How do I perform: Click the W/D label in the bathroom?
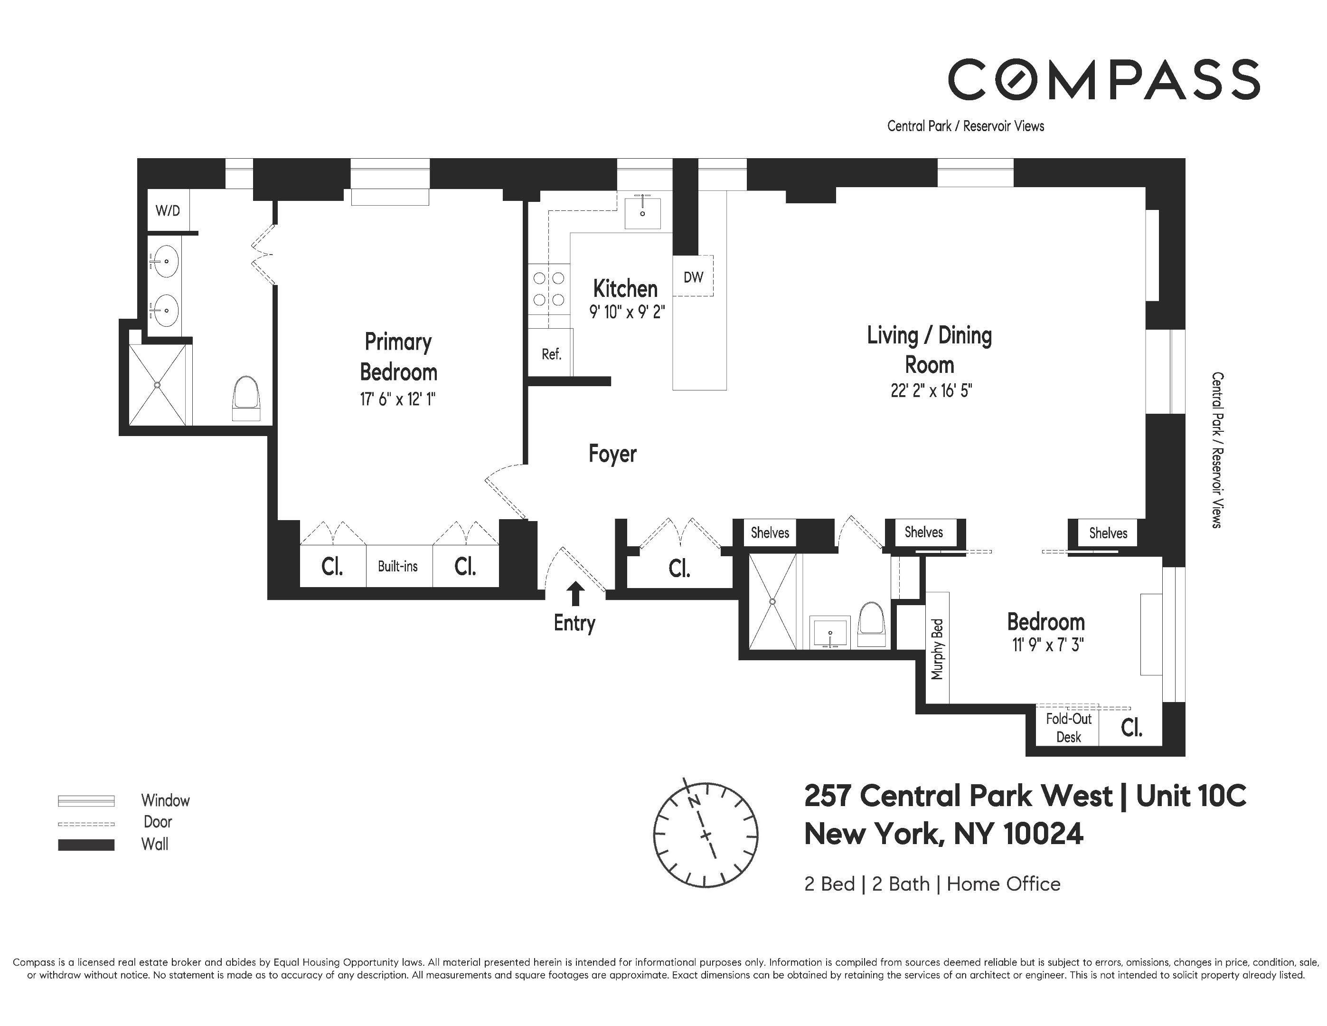168,211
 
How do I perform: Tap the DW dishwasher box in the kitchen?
693,277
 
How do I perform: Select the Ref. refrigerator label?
551,354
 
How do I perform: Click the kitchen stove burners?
549,289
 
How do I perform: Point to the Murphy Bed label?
937,649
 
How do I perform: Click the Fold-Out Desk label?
1068,728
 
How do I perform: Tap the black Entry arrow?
575,593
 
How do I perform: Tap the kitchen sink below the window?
642,211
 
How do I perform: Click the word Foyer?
612,454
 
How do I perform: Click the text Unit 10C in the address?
1190,796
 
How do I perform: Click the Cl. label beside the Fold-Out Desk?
1131,728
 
